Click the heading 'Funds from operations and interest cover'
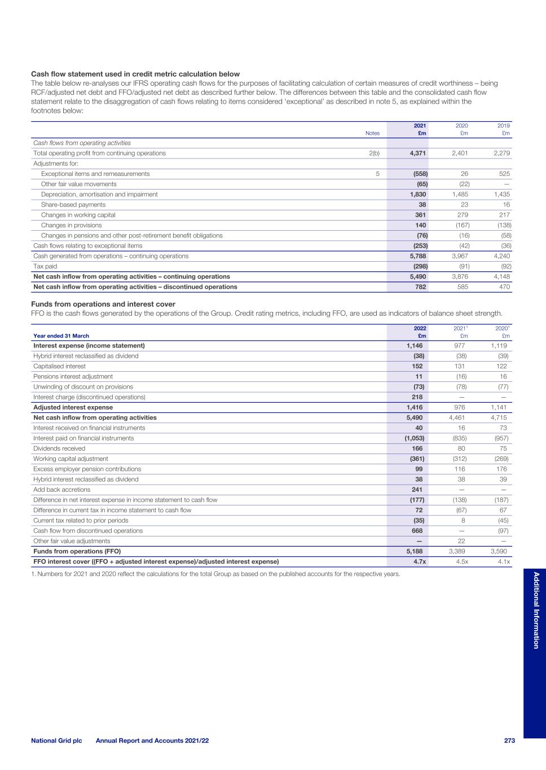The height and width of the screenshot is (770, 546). pyautogui.click(x=103, y=304)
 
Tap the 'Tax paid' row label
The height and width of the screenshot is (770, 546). pyautogui.click(x=45, y=266)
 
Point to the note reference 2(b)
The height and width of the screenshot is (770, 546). pyautogui.click(x=373, y=153)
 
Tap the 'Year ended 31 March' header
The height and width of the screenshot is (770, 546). pyautogui.click(x=61, y=336)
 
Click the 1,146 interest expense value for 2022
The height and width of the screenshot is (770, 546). pyautogui.click(x=415, y=346)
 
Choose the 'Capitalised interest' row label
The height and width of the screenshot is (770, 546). pyautogui.click(x=59, y=366)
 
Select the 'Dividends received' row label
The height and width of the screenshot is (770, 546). pyautogui.click(x=59, y=448)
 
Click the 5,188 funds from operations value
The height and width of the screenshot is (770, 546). pyautogui.click(x=415, y=551)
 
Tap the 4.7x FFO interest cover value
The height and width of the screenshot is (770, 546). pyautogui.click(x=417, y=561)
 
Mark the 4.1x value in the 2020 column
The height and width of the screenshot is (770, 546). pyautogui.click(x=503, y=561)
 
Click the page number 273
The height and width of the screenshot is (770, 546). pyautogui.click(x=509, y=741)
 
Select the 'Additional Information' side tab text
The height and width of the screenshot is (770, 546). pyautogui.click(x=536, y=610)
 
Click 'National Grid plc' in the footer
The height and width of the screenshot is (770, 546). pyautogui.click(x=56, y=741)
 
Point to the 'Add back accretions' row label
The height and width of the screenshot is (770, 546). pyautogui.click(x=61, y=490)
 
